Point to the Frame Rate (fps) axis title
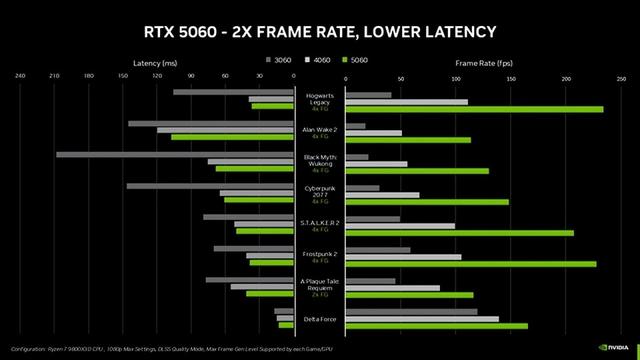click(482, 61)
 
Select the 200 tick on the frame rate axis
click(567, 76)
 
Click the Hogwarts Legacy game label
click(319, 98)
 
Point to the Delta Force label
click(319, 319)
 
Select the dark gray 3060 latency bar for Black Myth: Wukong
click(174, 155)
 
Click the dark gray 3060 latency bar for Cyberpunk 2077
click(209, 186)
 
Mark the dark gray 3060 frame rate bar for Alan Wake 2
click(354, 126)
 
